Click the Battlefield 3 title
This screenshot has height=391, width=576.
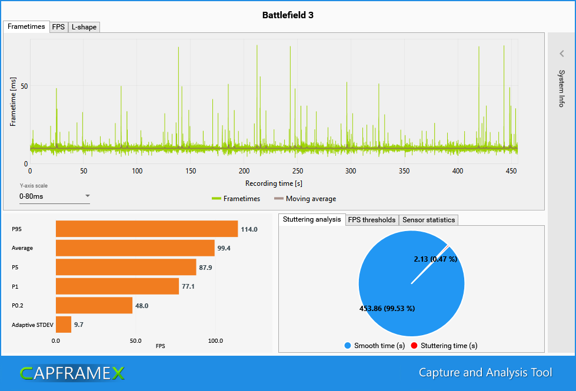point(288,15)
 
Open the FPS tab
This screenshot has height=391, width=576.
point(58,27)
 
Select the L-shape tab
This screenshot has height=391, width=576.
point(84,27)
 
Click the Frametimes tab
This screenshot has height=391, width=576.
point(26,26)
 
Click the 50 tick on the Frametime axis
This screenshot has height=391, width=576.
point(25,86)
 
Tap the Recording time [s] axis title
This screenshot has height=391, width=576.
point(274,183)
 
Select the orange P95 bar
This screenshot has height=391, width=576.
point(147,229)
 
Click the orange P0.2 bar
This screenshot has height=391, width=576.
point(94,306)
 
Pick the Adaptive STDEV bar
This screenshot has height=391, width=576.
point(64,325)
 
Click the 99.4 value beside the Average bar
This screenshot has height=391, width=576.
point(224,248)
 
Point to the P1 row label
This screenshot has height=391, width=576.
point(15,286)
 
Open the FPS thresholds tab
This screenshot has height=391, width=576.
point(372,220)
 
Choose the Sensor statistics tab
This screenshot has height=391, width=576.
point(428,220)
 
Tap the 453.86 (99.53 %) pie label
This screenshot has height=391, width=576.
point(387,308)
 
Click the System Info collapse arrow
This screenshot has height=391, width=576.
point(561,54)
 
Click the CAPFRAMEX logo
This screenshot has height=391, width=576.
point(72,373)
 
